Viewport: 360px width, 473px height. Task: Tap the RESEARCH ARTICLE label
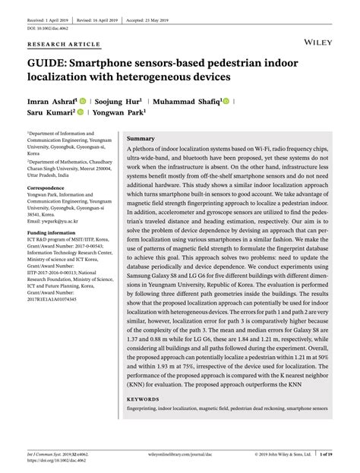click(53, 44)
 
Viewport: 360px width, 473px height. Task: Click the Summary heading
click(141, 140)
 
